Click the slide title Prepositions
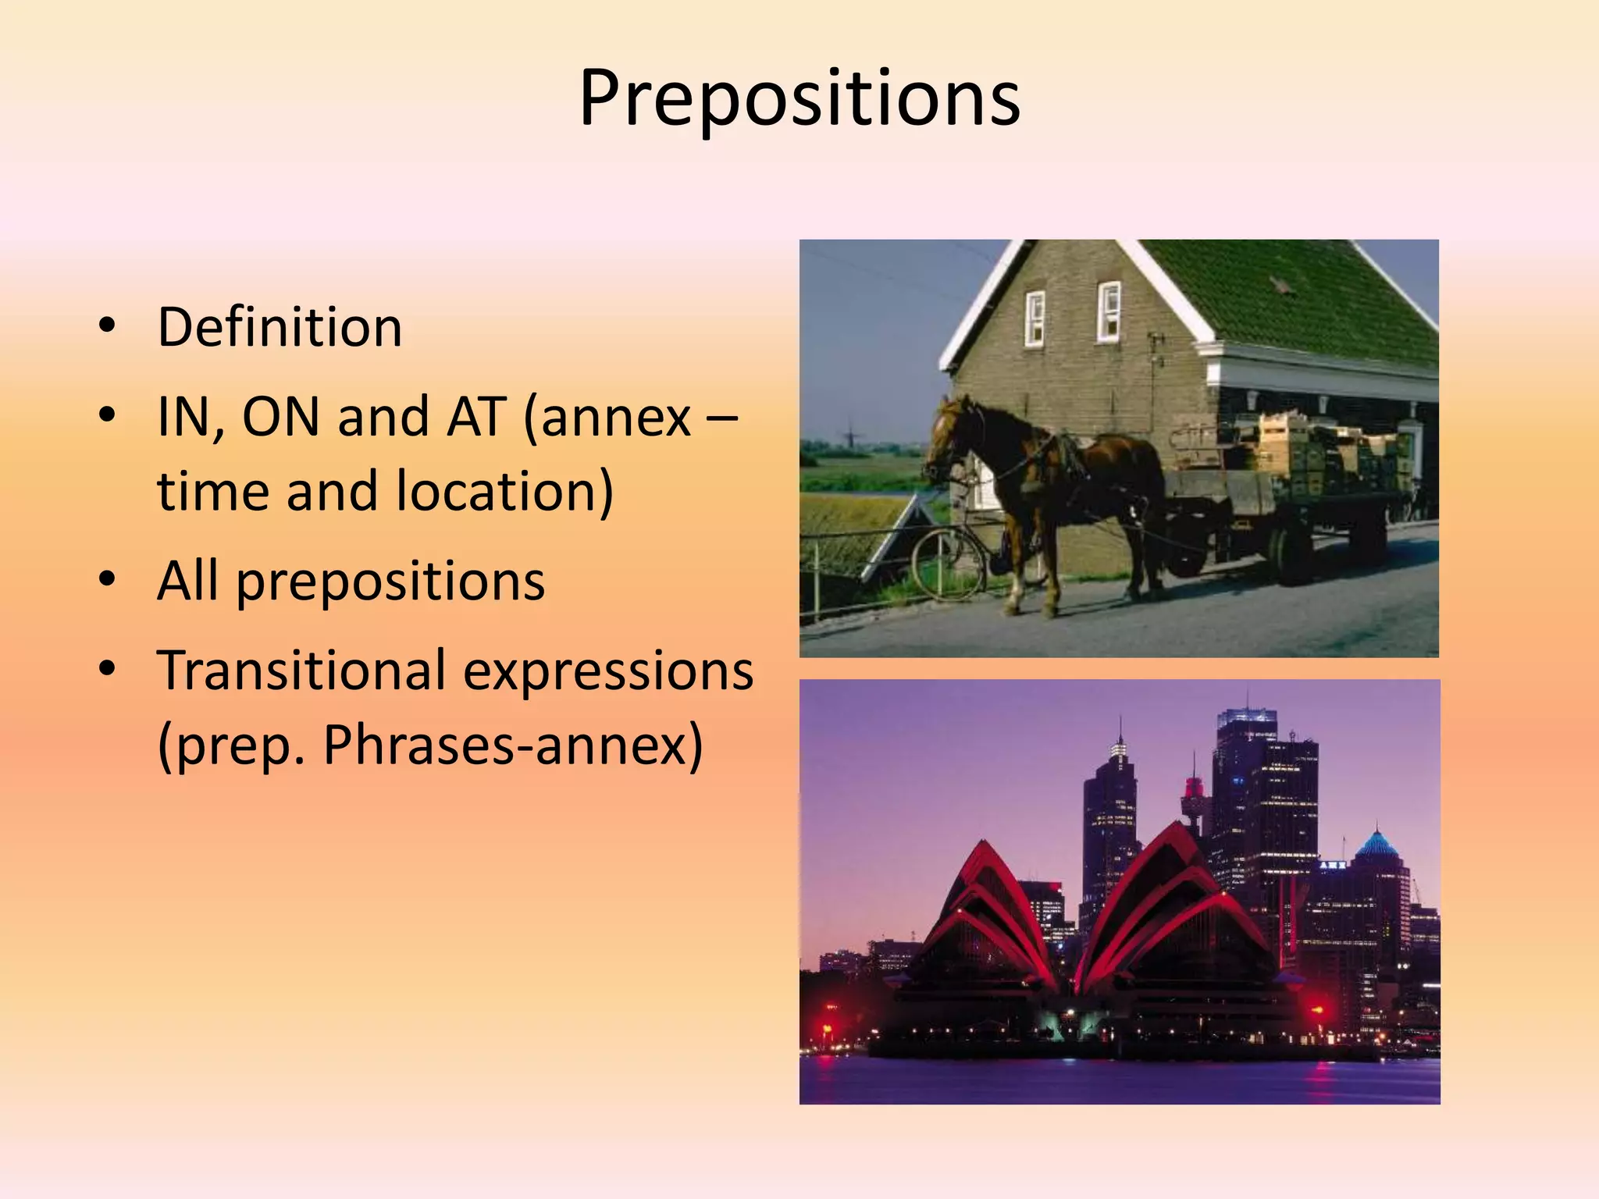click(799, 99)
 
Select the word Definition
click(280, 327)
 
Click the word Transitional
click(301, 671)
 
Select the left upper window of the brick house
click(1035, 318)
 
